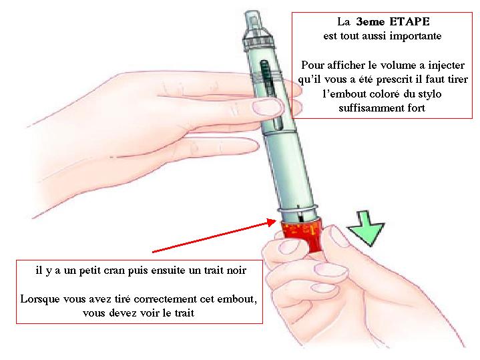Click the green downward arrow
click(x=366, y=229)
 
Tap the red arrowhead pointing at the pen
click(x=271, y=222)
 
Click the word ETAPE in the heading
click(x=410, y=22)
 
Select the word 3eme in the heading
click(x=370, y=22)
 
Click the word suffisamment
click(x=371, y=108)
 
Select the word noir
click(x=236, y=271)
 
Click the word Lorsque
click(x=40, y=299)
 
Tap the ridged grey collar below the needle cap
click(x=258, y=41)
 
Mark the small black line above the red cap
click(x=301, y=216)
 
